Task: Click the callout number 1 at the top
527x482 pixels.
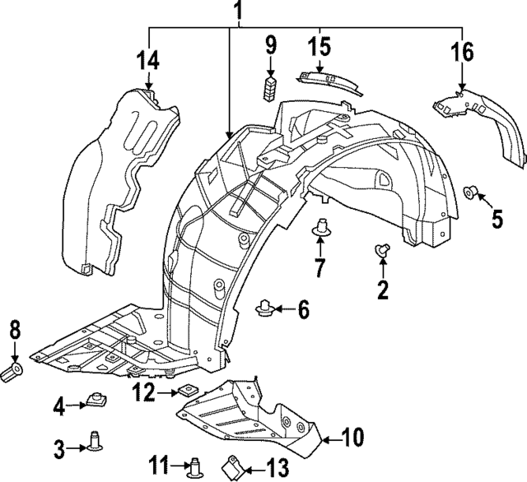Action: [238, 12]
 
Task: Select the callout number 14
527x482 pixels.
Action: [148, 60]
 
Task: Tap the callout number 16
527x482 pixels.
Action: [462, 52]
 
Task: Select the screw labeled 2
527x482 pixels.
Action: [382, 251]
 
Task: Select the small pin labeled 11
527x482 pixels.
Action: [195, 468]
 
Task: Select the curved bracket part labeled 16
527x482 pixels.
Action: [482, 119]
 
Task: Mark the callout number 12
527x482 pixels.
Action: [145, 393]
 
